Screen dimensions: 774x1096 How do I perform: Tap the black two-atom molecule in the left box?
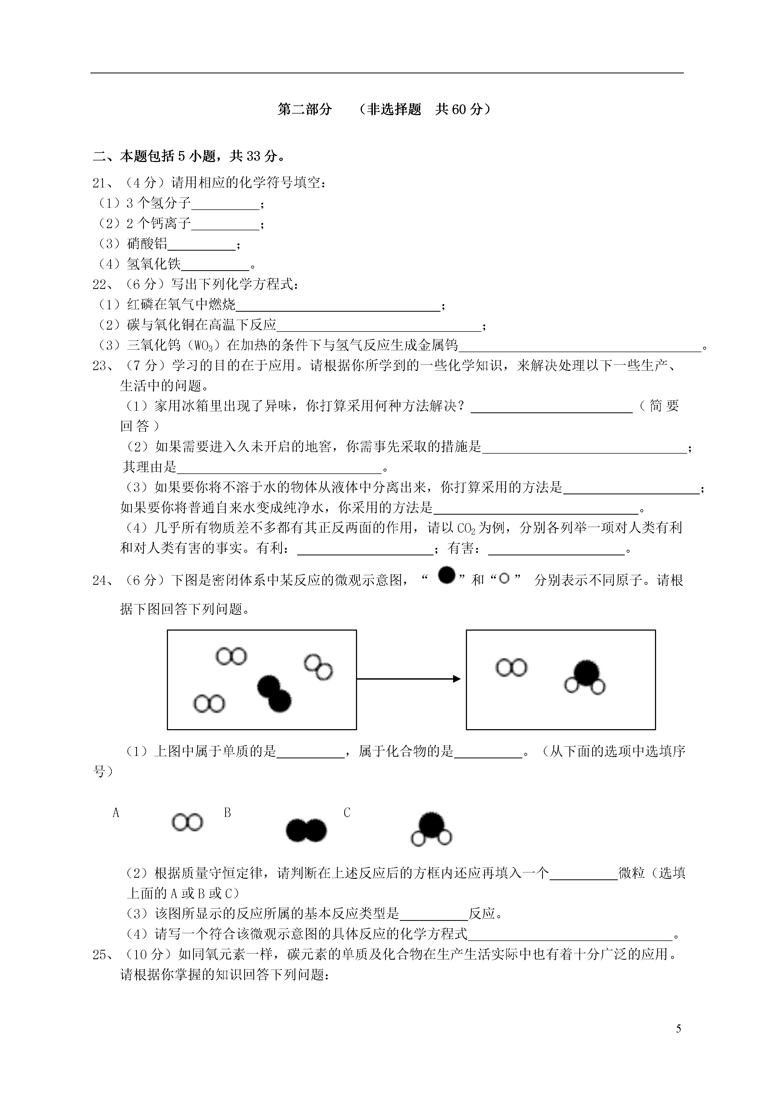[274, 694]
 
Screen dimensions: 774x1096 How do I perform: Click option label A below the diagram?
[116, 813]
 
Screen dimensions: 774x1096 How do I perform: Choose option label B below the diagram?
[228, 813]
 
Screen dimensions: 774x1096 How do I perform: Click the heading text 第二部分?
[304, 109]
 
